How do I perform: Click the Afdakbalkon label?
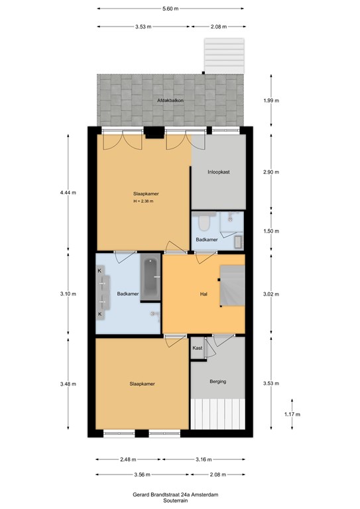click(x=170, y=101)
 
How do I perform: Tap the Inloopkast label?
click(x=219, y=172)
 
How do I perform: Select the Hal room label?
click(x=204, y=294)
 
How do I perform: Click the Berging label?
click(x=218, y=382)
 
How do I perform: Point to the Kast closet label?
click(x=198, y=348)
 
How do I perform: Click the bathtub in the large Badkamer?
click(x=150, y=278)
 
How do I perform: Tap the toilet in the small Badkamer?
click(x=204, y=221)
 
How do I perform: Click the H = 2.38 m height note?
click(x=143, y=201)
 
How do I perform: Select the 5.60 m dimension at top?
click(x=170, y=9)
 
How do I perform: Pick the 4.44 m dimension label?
click(x=68, y=193)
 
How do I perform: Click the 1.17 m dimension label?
click(x=292, y=414)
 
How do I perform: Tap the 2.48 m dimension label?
click(x=128, y=459)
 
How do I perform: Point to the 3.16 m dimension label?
click(x=204, y=459)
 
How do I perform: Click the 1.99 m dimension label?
click(x=271, y=101)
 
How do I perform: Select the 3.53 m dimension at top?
click(x=143, y=27)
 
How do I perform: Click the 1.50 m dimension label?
click(x=271, y=231)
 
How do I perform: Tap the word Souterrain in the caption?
click(x=175, y=501)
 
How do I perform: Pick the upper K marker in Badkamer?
click(x=99, y=270)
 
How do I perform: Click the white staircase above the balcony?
click(x=224, y=56)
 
